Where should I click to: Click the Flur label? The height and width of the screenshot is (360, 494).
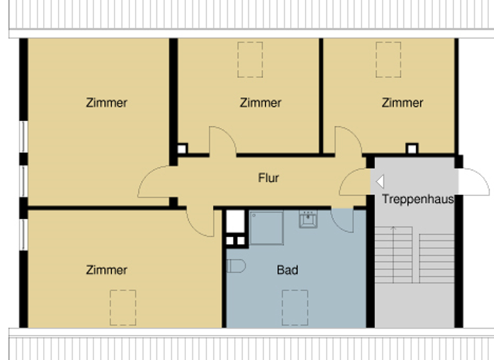[x=268, y=177]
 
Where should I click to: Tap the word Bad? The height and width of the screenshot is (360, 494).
[x=287, y=270]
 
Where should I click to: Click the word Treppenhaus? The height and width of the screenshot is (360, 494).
[x=417, y=199]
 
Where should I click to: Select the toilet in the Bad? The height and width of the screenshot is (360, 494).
[x=236, y=265]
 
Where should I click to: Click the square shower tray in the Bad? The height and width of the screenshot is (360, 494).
[x=266, y=228]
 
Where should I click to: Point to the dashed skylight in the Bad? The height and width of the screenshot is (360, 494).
[x=295, y=307]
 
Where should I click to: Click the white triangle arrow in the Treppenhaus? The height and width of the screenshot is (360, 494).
[x=380, y=182]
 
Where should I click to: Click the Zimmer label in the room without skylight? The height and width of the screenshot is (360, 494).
[x=107, y=102]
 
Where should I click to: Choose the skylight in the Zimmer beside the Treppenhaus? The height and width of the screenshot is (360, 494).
[x=388, y=59]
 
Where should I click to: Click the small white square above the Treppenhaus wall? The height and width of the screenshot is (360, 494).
[x=412, y=148]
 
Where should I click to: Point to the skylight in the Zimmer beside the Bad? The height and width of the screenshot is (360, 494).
[x=122, y=307]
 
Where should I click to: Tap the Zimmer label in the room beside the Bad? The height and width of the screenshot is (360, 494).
[x=107, y=270]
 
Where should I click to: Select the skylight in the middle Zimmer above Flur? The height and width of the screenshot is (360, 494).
[x=250, y=59]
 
